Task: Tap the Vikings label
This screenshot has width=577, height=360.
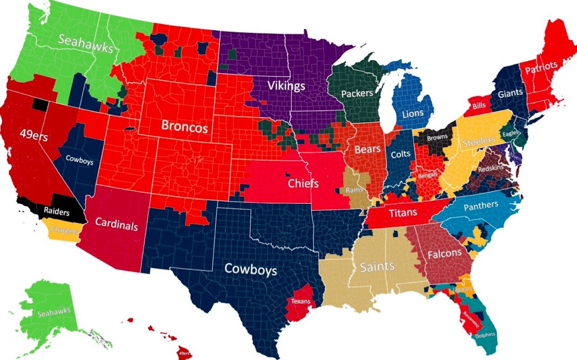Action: click(x=286, y=85)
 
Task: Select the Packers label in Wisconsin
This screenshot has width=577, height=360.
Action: click(x=357, y=93)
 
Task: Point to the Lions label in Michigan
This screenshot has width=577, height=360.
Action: click(x=413, y=113)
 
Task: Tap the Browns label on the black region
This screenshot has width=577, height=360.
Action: click(x=437, y=137)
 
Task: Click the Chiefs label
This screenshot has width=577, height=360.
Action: click(x=303, y=184)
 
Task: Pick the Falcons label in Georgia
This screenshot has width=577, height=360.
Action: click(x=444, y=254)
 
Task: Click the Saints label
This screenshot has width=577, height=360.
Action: click(x=377, y=267)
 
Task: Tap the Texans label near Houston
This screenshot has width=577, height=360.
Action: click(x=300, y=301)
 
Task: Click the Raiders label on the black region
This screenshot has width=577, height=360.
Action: click(x=56, y=210)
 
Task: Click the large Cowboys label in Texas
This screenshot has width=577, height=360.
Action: click(x=251, y=269)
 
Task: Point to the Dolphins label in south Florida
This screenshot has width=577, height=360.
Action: click(x=485, y=335)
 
